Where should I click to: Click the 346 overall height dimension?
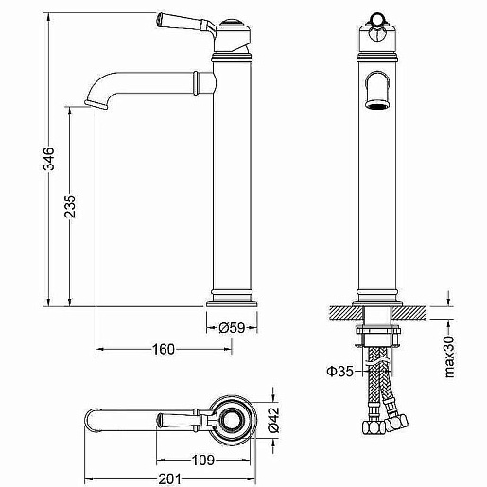pos(48,159)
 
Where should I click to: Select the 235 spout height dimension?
pos(70,206)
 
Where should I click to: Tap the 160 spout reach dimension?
pos(164,349)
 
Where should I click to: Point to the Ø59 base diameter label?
pos(232,328)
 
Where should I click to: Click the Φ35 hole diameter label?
pos(339,372)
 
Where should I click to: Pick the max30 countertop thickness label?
pos(449,357)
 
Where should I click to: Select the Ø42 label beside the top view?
pos(273,420)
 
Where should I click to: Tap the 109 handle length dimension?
pos(203,461)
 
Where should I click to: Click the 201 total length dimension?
pos(170,479)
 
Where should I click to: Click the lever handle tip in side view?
pos(160,19)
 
